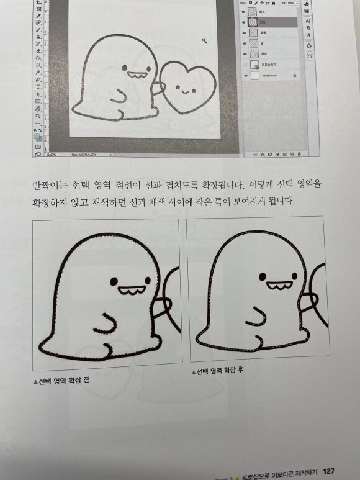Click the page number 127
pyautogui.click(x=330, y=470)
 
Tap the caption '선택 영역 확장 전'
pyautogui.click(x=61, y=380)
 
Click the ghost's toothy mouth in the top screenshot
pyautogui.click(x=136, y=76)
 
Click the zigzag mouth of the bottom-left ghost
pyautogui.click(x=132, y=289)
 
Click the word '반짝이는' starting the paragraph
pyautogui.click(x=50, y=184)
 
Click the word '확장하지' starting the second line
pyautogui.click(x=50, y=203)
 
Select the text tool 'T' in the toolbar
pyautogui.click(x=38, y=88)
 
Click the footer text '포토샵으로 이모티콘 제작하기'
pyautogui.click(x=280, y=471)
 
